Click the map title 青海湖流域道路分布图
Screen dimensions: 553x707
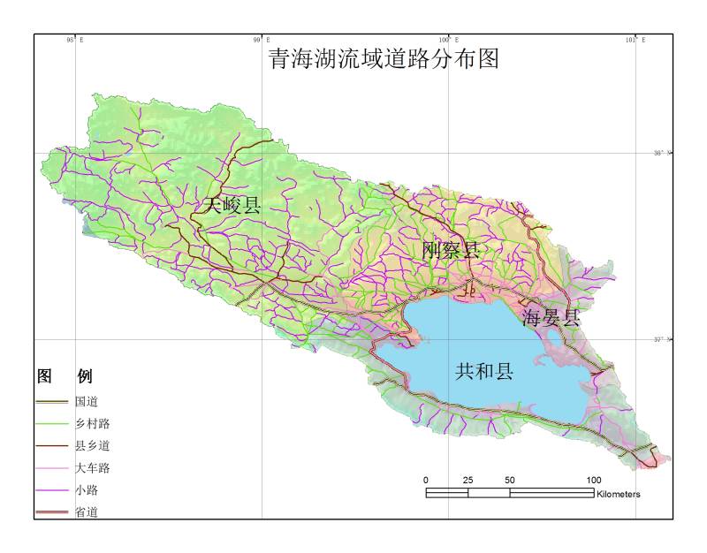(384, 59)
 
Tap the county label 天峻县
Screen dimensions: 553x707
(232, 207)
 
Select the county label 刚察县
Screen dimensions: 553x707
(450, 250)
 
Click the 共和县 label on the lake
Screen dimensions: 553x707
(484, 372)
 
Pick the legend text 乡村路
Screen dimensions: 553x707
(92, 424)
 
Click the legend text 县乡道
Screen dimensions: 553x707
(92, 446)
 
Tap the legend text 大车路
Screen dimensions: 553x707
(92, 468)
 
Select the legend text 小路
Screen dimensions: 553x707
(87, 490)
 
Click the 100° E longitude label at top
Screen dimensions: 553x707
(449, 40)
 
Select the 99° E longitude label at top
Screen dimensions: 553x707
(262, 40)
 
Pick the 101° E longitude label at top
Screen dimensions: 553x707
(635, 40)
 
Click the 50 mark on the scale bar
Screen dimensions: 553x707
(510, 480)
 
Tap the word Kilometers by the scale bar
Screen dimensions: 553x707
(619, 494)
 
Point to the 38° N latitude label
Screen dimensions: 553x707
(662, 153)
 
